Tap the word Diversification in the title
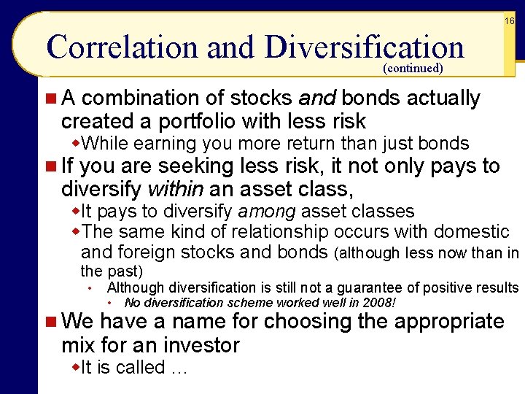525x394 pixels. pos(365,47)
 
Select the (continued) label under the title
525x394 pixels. pos(411,69)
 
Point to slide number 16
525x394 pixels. pos(510,22)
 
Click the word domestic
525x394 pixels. pos(472,232)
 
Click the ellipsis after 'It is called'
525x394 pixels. pos(179,368)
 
